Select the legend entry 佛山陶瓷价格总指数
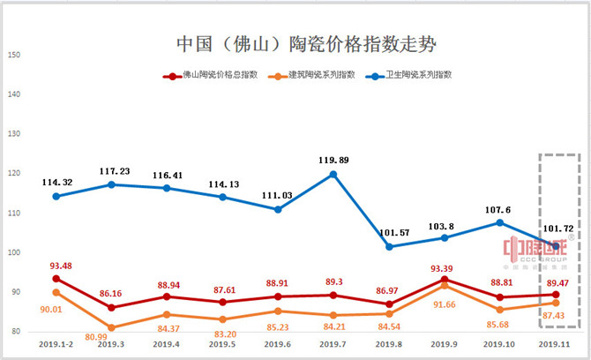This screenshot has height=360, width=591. point(213,75)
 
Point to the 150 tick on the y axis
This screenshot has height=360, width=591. point(14,56)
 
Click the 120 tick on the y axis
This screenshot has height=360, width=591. point(14,174)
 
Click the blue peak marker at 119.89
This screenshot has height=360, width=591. point(333,174)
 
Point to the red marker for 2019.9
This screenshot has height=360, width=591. point(445,280)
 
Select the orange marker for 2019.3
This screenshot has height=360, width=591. point(111,327)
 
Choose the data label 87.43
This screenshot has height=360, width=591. point(556,314)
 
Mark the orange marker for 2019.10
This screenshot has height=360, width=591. point(500,310)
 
